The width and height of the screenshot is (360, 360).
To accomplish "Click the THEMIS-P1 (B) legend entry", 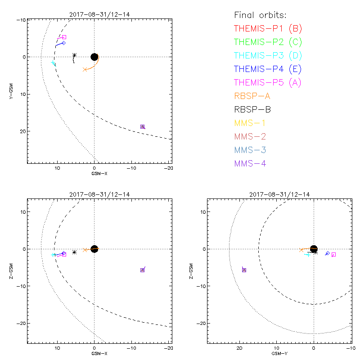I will tap(268, 29).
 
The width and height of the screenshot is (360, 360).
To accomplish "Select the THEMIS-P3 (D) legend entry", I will tap(268, 56).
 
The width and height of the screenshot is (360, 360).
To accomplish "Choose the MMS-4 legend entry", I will tap(250, 163).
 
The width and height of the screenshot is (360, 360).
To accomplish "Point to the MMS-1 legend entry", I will tap(250, 123).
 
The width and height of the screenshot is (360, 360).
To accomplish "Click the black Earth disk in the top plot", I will tap(94, 57).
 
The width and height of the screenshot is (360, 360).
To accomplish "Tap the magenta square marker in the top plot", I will tap(64, 37).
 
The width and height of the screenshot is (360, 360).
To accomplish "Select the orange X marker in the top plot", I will tap(85, 69).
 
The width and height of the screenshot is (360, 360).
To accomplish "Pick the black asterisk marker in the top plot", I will tap(74, 55).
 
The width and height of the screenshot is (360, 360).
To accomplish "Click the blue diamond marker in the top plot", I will tap(63, 43).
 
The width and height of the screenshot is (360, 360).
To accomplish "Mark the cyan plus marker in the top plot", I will tap(53, 63).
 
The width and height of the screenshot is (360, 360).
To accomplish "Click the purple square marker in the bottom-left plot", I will tap(142, 270).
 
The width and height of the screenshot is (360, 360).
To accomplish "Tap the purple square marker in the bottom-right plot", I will tap(244, 270).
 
